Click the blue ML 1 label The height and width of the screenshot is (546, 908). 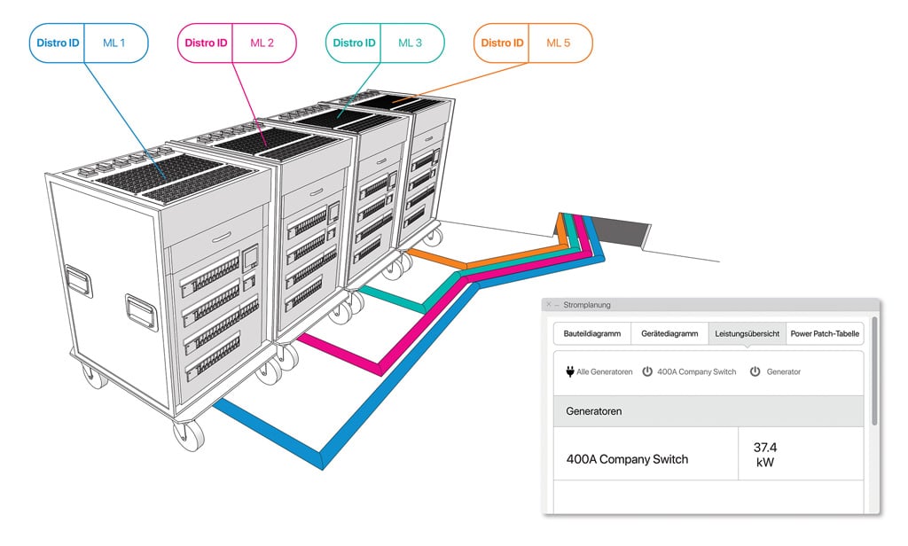115,43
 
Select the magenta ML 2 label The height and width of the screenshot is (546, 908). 262,43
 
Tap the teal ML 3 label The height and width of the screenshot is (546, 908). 411,43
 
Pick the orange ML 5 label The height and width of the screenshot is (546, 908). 559,43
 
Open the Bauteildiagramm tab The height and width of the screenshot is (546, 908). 592,334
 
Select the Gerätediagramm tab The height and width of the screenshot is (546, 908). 669,334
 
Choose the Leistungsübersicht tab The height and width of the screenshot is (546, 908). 747,334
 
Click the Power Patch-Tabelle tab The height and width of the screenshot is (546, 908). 825,334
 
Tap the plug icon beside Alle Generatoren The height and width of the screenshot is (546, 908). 569,371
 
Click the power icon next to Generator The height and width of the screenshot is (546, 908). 755,371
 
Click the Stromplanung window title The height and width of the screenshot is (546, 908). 588,305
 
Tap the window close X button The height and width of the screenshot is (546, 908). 549,305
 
